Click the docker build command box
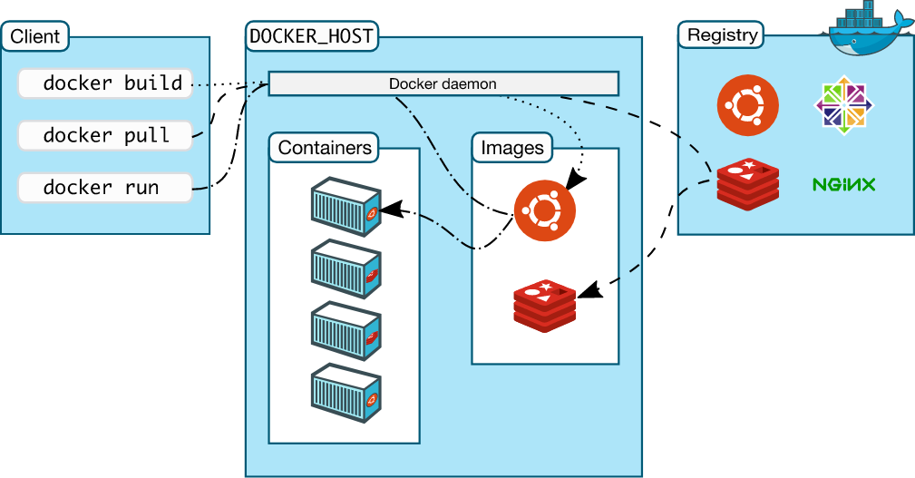[105, 83]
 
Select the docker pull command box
[105, 135]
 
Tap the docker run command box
[105, 188]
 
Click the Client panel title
[35, 37]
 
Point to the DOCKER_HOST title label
[311, 37]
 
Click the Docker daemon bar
[443, 84]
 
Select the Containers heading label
[325, 148]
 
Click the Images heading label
[512, 148]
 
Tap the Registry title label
[722, 35]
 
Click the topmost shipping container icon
[346, 207]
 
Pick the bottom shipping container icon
[346, 392]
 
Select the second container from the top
[346, 268]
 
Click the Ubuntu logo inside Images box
[544, 210]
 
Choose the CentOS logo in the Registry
[844, 105]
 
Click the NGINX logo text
[843, 185]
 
